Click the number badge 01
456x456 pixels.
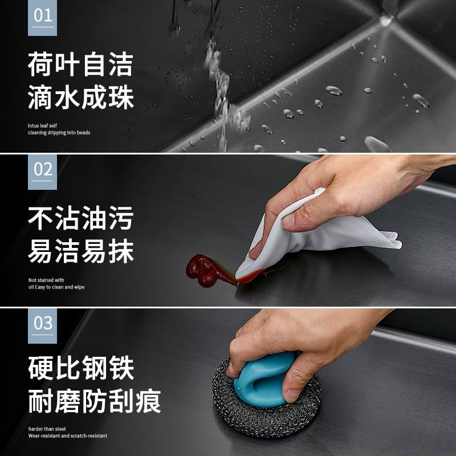coord(42,18)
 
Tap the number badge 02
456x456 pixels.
coord(42,172)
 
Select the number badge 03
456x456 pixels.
coord(42,326)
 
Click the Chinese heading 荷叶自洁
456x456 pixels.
coord(80,64)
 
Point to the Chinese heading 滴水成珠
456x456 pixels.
coord(80,97)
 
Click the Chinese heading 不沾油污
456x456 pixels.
coord(80,218)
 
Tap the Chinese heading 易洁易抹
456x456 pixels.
coord(80,251)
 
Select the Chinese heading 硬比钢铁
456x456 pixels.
coord(80,368)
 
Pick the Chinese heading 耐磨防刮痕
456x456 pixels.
coord(94,401)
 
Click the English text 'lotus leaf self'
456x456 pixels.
coord(42,125)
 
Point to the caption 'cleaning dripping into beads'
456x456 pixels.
coord(59,133)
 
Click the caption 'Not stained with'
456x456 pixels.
coord(46,280)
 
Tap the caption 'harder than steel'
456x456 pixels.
coord(47,429)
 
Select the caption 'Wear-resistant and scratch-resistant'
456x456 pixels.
coord(68,435)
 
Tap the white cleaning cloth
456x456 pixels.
coord(314,235)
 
